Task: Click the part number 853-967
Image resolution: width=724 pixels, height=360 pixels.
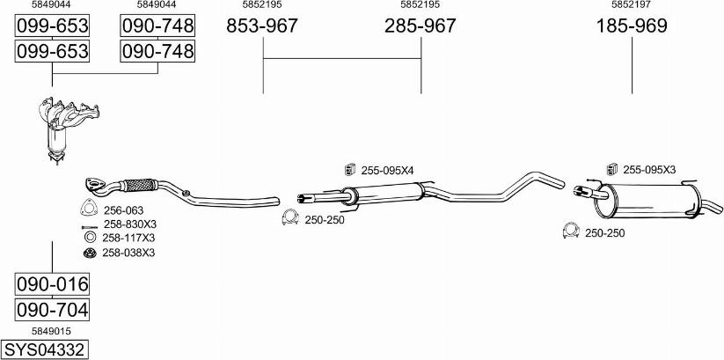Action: [262, 26]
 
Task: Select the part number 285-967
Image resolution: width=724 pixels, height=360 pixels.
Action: [421, 26]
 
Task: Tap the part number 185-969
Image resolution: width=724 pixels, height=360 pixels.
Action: [632, 26]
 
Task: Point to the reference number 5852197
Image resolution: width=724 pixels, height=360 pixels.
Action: [632, 4]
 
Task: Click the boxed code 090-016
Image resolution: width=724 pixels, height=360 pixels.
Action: [52, 284]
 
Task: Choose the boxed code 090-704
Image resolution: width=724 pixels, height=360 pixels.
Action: [52, 309]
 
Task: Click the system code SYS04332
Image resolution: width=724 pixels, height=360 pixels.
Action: [45, 349]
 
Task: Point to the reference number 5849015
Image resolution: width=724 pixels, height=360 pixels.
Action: [51, 331]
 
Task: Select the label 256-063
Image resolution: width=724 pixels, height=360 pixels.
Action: [123, 210]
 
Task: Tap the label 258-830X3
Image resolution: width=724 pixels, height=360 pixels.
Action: [129, 224]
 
